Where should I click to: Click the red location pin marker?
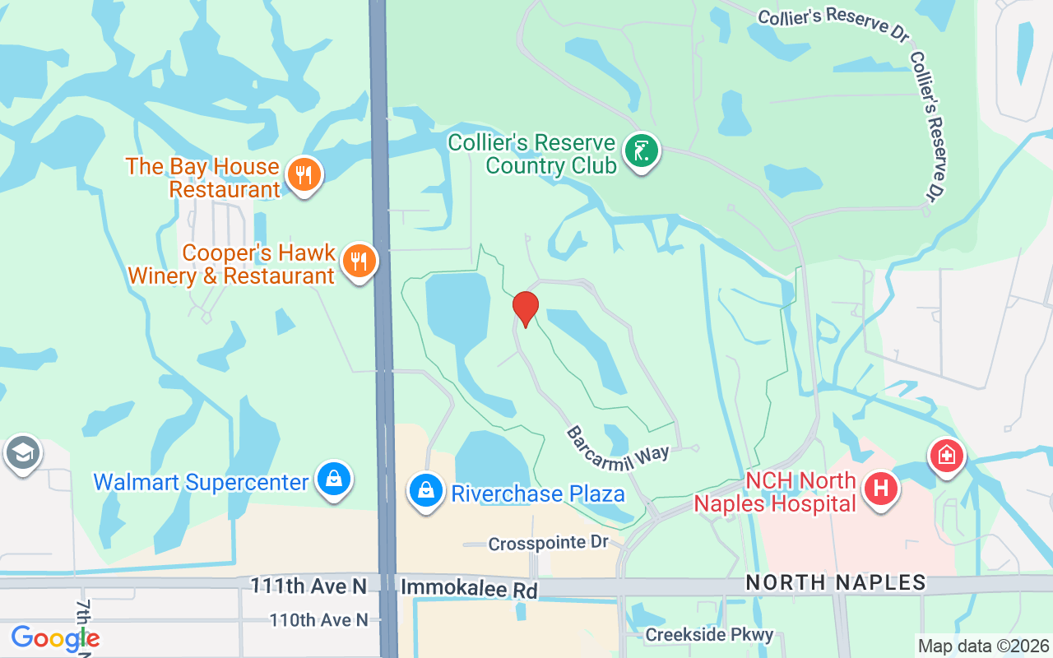pos(525,308)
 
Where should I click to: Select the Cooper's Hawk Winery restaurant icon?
pos(358,261)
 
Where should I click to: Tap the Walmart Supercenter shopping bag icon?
pos(334,479)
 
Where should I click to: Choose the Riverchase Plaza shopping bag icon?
pos(426,491)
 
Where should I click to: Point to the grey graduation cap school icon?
pos(22,452)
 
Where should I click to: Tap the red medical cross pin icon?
pos(947,455)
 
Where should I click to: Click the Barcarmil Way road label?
pos(617,445)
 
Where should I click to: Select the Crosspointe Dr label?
pos(548,544)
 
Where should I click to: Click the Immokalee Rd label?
pos(469,590)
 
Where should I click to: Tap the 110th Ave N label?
pos(319,620)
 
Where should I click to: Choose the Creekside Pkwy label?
pos(709,635)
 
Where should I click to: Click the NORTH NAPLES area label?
pos(836,582)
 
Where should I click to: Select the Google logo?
pos(55,638)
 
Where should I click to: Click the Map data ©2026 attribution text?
pos(983,646)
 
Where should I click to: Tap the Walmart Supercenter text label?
pos(201,481)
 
